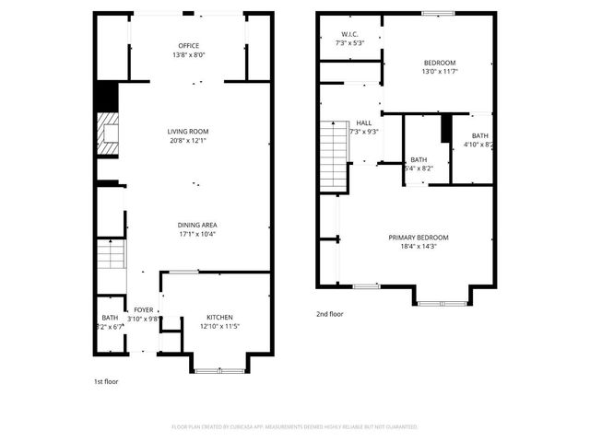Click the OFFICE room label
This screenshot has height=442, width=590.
[188, 45]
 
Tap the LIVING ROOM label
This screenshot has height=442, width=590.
[188, 132]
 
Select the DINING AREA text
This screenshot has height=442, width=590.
[197, 225]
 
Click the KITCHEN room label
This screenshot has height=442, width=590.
[219, 317]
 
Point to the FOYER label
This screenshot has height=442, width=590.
[144, 309]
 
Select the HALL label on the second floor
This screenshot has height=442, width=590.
[364, 122]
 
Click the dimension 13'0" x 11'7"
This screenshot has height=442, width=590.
[440, 71]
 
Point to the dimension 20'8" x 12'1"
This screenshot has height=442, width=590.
[188, 141]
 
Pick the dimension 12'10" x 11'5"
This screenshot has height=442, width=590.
[219, 326]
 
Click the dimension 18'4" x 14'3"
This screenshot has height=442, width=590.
[424, 247]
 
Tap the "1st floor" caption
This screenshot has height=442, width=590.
[106, 381]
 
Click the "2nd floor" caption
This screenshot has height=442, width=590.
[330, 314]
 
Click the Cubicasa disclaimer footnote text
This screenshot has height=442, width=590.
[294, 427]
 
